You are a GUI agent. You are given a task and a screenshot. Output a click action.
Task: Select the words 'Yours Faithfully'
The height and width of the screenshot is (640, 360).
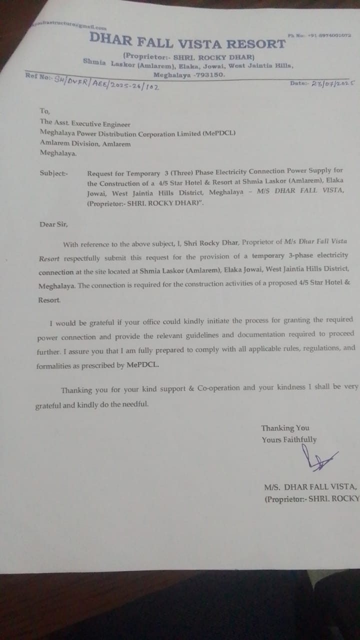(x=288, y=439)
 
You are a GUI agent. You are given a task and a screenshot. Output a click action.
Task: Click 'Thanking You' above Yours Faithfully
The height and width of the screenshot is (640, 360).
(x=285, y=428)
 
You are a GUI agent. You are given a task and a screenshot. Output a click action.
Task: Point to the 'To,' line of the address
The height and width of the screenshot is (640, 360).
(x=45, y=111)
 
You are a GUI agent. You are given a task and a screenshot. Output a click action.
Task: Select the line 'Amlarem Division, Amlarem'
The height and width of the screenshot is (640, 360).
(x=85, y=144)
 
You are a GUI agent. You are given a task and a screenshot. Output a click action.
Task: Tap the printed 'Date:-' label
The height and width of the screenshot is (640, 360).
(x=300, y=83)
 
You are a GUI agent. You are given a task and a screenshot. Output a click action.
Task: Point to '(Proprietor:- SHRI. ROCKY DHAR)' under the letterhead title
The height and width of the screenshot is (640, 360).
(x=189, y=56)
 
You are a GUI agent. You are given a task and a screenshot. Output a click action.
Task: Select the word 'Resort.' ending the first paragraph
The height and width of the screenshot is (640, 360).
(x=49, y=300)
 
